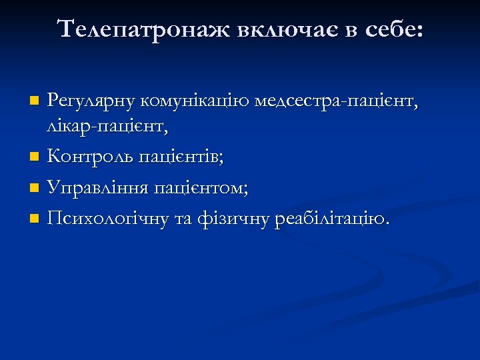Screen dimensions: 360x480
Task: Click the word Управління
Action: coord(97,189)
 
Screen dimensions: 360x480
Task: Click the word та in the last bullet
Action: coord(185,219)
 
